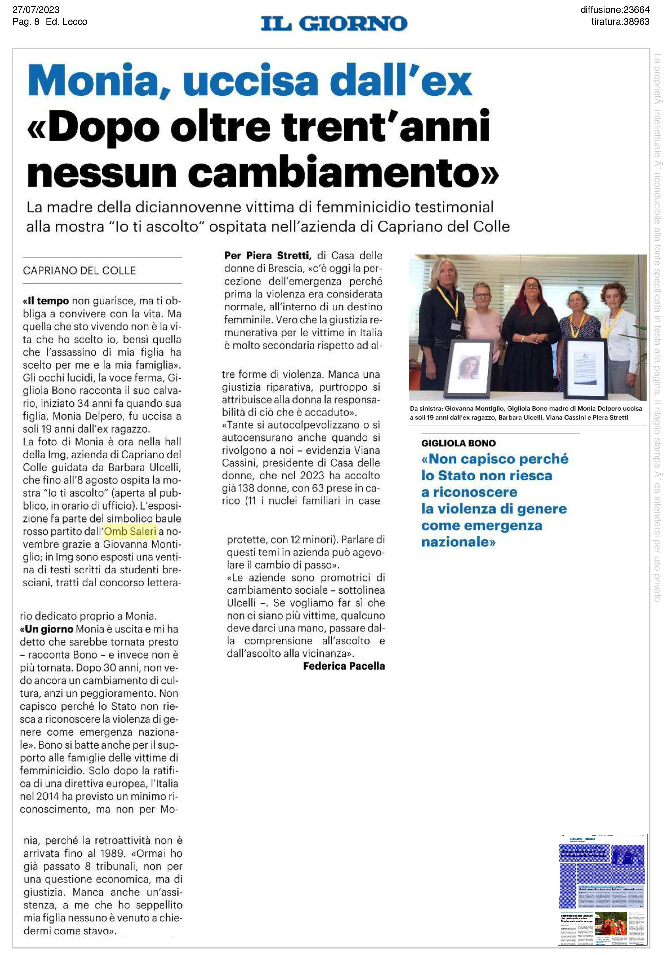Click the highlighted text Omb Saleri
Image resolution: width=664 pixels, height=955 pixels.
pos(130,531)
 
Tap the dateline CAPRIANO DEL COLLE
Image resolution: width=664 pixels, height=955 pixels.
pos(79,271)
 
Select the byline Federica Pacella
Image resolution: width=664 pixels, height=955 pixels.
pos(344,666)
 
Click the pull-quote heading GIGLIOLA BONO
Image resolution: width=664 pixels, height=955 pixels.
pos(459,443)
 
